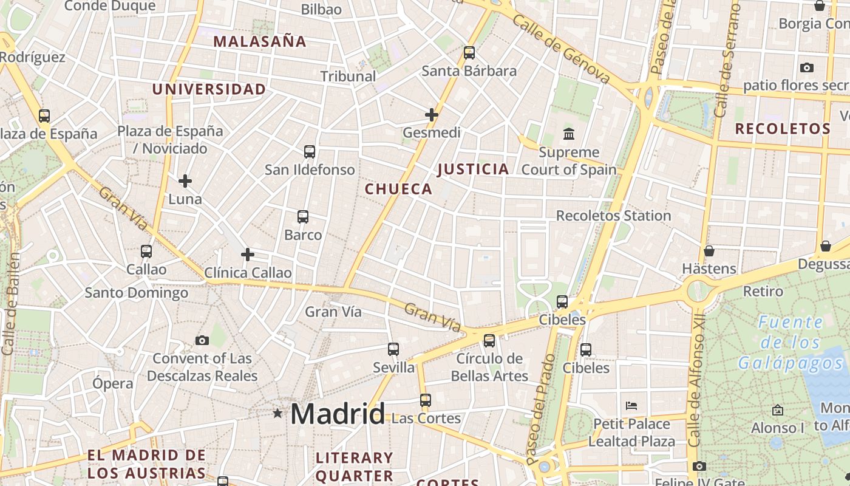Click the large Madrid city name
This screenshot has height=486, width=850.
tap(337, 414)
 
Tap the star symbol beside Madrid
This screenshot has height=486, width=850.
tap(277, 414)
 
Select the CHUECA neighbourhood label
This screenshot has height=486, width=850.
tap(398, 189)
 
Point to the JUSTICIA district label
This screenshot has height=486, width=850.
tap(473, 169)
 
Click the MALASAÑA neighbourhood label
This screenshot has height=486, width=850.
tap(260, 42)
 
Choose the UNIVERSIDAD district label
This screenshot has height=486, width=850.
tap(209, 89)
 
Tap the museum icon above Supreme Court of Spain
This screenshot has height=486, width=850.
tap(569, 134)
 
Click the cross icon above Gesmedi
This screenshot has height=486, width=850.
tap(432, 114)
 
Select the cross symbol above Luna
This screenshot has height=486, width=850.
tap(185, 181)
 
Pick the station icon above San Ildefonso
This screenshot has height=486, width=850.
tap(310, 151)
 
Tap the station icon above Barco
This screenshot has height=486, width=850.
tap(303, 216)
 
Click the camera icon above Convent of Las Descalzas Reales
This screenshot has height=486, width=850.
tap(202, 340)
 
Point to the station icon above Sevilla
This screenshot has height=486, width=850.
tap(393, 349)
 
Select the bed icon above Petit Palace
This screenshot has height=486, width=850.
tap(631, 405)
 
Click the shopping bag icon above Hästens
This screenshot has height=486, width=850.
tap(709, 250)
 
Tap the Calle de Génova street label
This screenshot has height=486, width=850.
tap(561, 49)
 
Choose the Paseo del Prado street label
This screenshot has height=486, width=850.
tap(542, 408)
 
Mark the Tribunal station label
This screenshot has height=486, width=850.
tap(348, 77)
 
